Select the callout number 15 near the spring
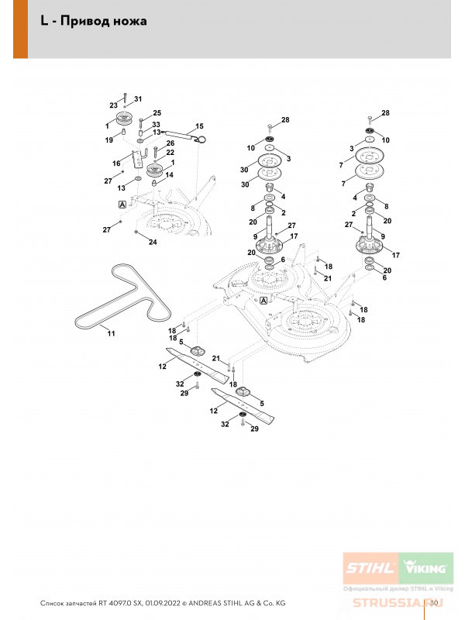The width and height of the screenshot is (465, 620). coord(199,126)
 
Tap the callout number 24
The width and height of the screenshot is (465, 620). coord(153,242)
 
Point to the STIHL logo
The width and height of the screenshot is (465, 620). coord(370,568)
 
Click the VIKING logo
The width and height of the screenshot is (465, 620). coord(425,568)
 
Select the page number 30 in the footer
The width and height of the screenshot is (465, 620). coord(434,603)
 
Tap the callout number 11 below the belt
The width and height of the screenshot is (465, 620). coord(111,333)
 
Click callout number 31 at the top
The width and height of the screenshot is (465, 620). coord(138,99)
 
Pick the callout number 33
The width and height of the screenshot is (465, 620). coord(156,125)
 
